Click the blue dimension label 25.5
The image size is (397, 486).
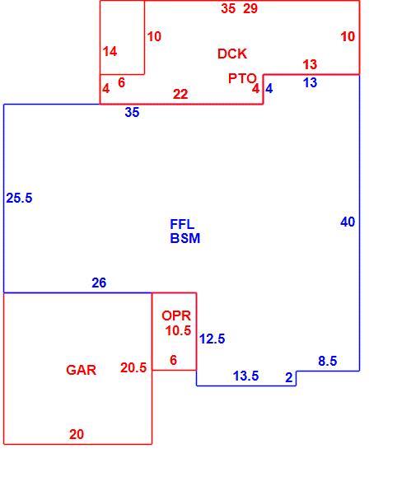[19, 198]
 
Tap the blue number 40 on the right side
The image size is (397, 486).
[348, 222]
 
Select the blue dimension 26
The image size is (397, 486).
[99, 283]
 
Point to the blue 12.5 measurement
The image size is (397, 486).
[212, 339]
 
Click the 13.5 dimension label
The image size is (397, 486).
[245, 376]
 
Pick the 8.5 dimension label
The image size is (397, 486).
[328, 361]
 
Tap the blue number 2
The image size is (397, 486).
[289, 377]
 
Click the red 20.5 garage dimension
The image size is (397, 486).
[133, 368]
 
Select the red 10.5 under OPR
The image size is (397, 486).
[178, 330]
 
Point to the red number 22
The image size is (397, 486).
[180, 94]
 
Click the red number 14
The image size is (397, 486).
[110, 51]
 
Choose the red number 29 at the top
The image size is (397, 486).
[250, 8]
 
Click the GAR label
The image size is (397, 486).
[82, 370]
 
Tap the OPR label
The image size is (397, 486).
[176, 315]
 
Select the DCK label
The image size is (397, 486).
[232, 54]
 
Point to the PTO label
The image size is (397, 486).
[242, 78]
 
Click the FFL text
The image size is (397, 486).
[182, 224]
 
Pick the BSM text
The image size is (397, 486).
[185, 238]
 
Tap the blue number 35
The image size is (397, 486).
[132, 112]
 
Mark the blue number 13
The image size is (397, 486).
[310, 82]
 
